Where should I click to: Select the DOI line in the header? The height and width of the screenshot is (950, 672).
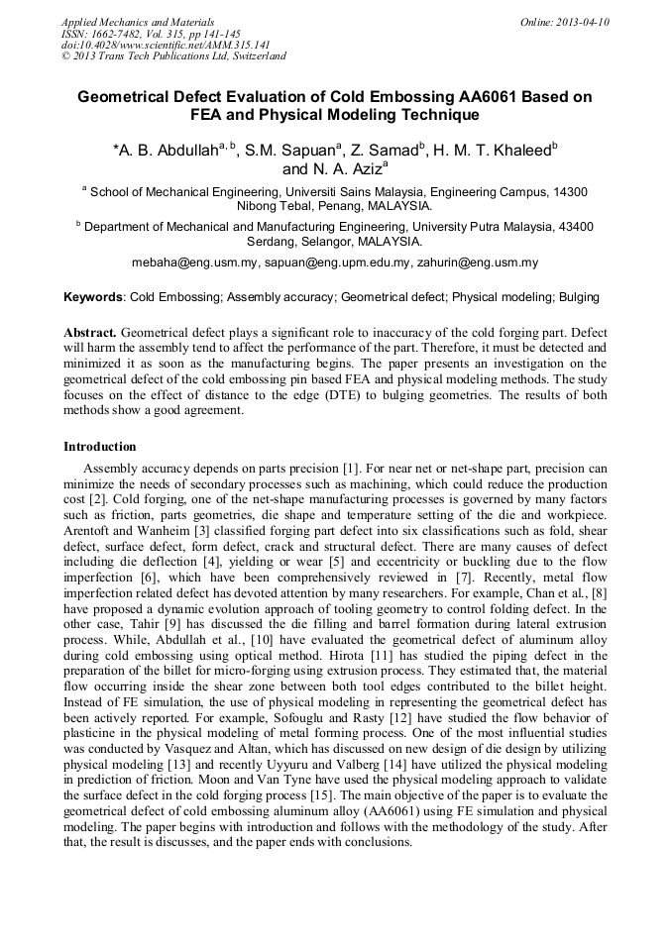pos(166,45)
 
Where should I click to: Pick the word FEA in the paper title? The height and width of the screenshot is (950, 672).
pos(209,115)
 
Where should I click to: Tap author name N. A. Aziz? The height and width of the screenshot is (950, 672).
pos(348,168)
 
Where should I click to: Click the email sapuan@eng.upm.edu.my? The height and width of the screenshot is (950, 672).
pos(338,263)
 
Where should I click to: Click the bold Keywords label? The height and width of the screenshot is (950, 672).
pos(93,296)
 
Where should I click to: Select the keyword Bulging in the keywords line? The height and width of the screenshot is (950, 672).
pos(579,296)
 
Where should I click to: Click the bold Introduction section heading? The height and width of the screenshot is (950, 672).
pos(99,447)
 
